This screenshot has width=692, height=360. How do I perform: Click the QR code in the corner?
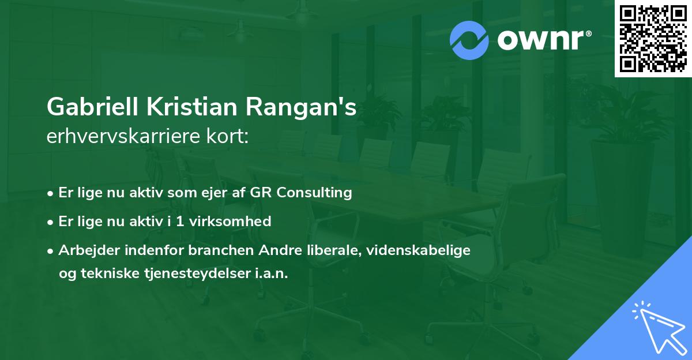(x=653, y=39)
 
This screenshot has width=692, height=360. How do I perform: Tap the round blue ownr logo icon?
(x=469, y=40)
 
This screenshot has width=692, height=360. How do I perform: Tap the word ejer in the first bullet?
(x=220, y=193)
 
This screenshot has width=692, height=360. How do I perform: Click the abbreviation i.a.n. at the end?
(x=271, y=273)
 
